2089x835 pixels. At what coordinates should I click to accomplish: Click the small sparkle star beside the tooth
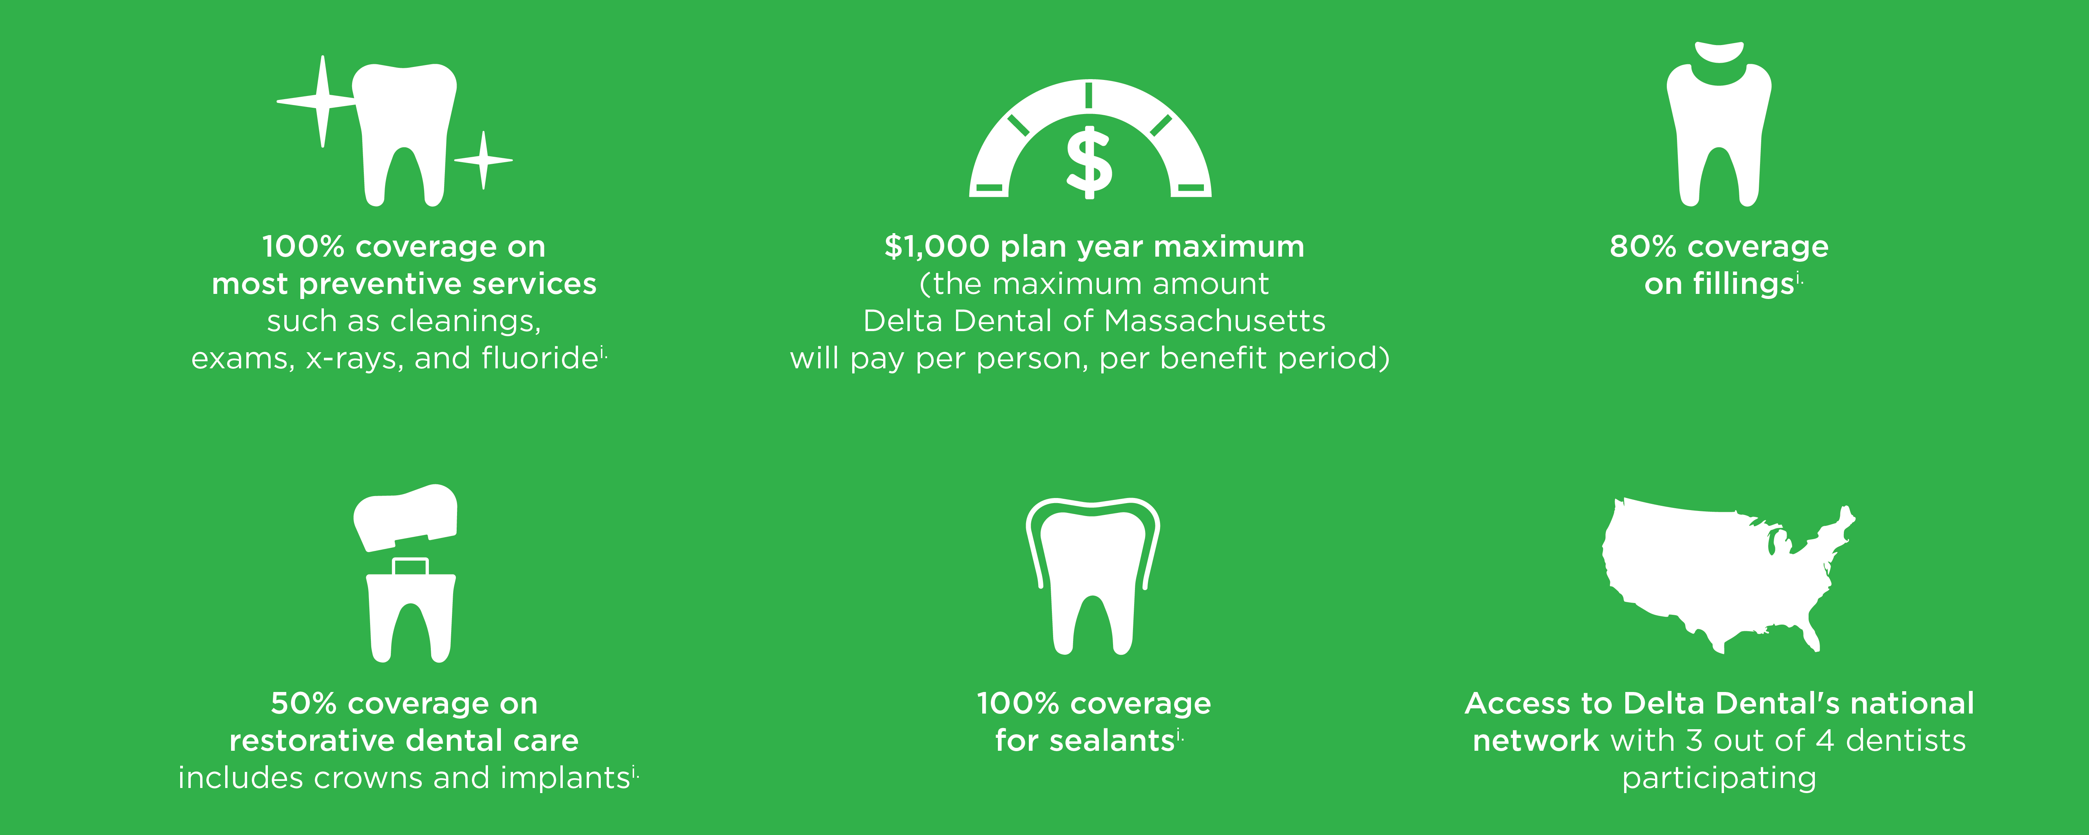tap(483, 160)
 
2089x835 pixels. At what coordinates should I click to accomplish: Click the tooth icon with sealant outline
tap(1092, 576)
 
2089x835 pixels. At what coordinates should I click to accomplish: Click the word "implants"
tap(565, 778)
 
